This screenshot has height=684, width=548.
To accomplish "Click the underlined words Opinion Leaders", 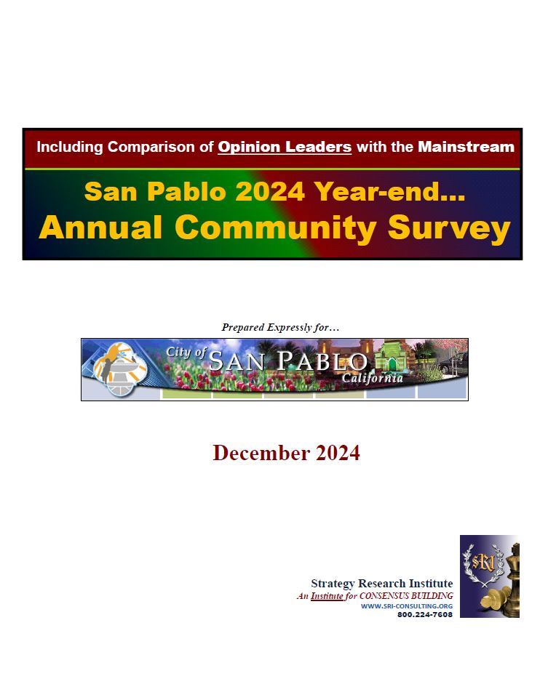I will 285,147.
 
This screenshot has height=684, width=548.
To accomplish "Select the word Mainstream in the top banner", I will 466,147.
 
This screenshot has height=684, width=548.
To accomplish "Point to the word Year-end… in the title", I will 389,192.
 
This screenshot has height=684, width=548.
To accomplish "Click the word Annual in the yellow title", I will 100,228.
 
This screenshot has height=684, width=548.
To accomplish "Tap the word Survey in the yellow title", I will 448,228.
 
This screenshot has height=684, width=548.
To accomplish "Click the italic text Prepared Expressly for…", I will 280,327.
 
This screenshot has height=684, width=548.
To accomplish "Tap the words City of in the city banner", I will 186,352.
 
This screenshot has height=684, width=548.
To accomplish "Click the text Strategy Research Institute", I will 381,584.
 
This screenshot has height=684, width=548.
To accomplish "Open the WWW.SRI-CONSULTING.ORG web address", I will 406,605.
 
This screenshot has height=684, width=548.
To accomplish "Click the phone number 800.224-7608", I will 424,615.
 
